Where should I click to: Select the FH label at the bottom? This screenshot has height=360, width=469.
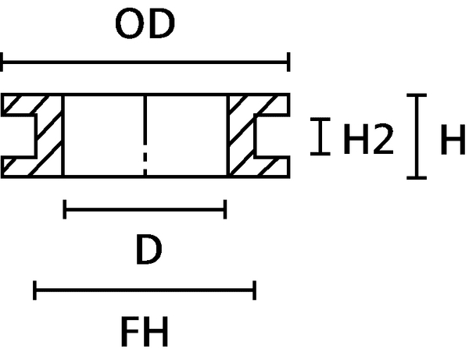144,332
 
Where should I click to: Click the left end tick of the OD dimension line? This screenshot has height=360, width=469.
3,62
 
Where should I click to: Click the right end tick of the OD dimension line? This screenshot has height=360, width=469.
289,62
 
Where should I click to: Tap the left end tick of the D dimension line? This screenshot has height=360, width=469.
65,209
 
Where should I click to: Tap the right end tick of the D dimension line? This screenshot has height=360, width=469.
225,209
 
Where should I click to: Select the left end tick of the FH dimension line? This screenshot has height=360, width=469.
36,291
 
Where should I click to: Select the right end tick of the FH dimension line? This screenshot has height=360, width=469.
254,291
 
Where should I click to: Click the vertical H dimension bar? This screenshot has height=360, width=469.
421,137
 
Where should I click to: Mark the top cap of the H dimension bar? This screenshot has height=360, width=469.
421,96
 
